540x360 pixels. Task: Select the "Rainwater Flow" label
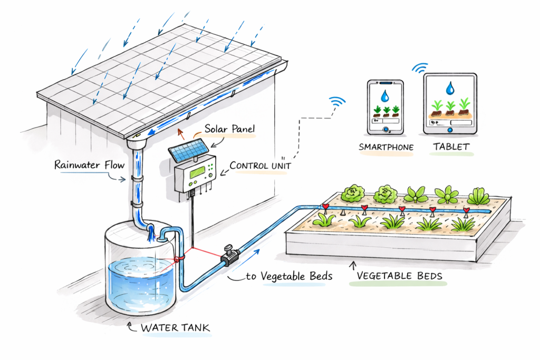tap(89, 165)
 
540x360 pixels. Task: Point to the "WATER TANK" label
tap(175, 328)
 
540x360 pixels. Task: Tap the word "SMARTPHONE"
tap(386, 147)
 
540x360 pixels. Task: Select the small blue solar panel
tap(187, 149)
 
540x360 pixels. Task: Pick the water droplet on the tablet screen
tap(450, 89)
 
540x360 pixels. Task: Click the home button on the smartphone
tap(385, 129)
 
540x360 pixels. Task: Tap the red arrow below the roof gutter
tap(181, 132)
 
